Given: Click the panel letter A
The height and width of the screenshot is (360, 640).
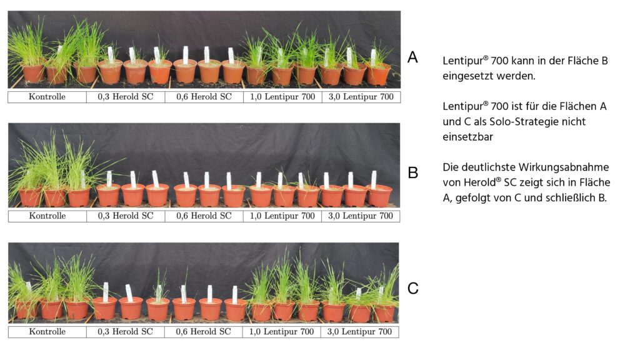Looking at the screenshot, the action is (x=412, y=57).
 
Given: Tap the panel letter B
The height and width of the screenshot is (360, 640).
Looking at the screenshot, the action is (x=413, y=172).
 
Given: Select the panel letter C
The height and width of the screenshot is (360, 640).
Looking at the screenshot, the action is (x=413, y=288).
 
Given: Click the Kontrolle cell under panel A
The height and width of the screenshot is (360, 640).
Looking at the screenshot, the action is (x=47, y=97).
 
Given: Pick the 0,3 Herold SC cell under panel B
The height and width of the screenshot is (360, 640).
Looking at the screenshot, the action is (x=126, y=216).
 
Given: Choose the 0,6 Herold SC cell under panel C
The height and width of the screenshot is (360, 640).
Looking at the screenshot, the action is (x=203, y=332).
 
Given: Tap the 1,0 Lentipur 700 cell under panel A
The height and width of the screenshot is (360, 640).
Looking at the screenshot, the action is (x=282, y=97).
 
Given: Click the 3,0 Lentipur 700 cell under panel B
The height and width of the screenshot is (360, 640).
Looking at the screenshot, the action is (x=361, y=216).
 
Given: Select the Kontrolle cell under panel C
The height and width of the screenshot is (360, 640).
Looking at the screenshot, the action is (x=47, y=332).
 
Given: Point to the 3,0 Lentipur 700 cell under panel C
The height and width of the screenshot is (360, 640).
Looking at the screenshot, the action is (x=359, y=332).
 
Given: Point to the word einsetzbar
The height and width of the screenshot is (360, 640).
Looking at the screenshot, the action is (x=467, y=137).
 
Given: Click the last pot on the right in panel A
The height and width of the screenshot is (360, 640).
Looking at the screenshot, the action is (x=378, y=74).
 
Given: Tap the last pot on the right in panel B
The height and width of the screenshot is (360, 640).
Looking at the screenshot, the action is (x=379, y=196).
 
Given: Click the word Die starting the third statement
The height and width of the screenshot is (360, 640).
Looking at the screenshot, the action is (x=451, y=167).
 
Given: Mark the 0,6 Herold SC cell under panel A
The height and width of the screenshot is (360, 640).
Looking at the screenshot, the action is (x=204, y=97).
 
